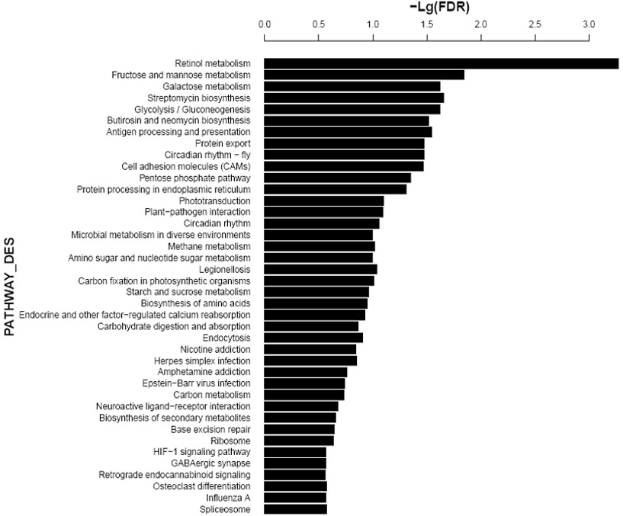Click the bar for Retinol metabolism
(x=441, y=63)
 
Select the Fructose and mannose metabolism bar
(x=364, y=75)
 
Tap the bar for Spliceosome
(x=295, y=509)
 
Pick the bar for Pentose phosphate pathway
(x=337, y=178)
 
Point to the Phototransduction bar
(x=324, y=201)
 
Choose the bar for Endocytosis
(x=313, y=338)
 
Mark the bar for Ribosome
(x=299, y=441)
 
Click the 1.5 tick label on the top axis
(x=427, y=24)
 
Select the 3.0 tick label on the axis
(x=589, y=24)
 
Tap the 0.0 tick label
(x=265, y=24)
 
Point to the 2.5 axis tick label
(x=535, y=24)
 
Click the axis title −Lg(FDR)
(x=439, y=7)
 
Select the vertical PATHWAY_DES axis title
(x=9, y=287)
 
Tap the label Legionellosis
(x=225, y=270)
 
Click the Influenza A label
(x=228, y=498)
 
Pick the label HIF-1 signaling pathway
(x=202, y=452)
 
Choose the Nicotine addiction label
(x=215, y=350)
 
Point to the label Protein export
(x=223, y=144)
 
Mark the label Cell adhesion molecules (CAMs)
(x=186, y=166)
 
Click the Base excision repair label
(x=210, y=429)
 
